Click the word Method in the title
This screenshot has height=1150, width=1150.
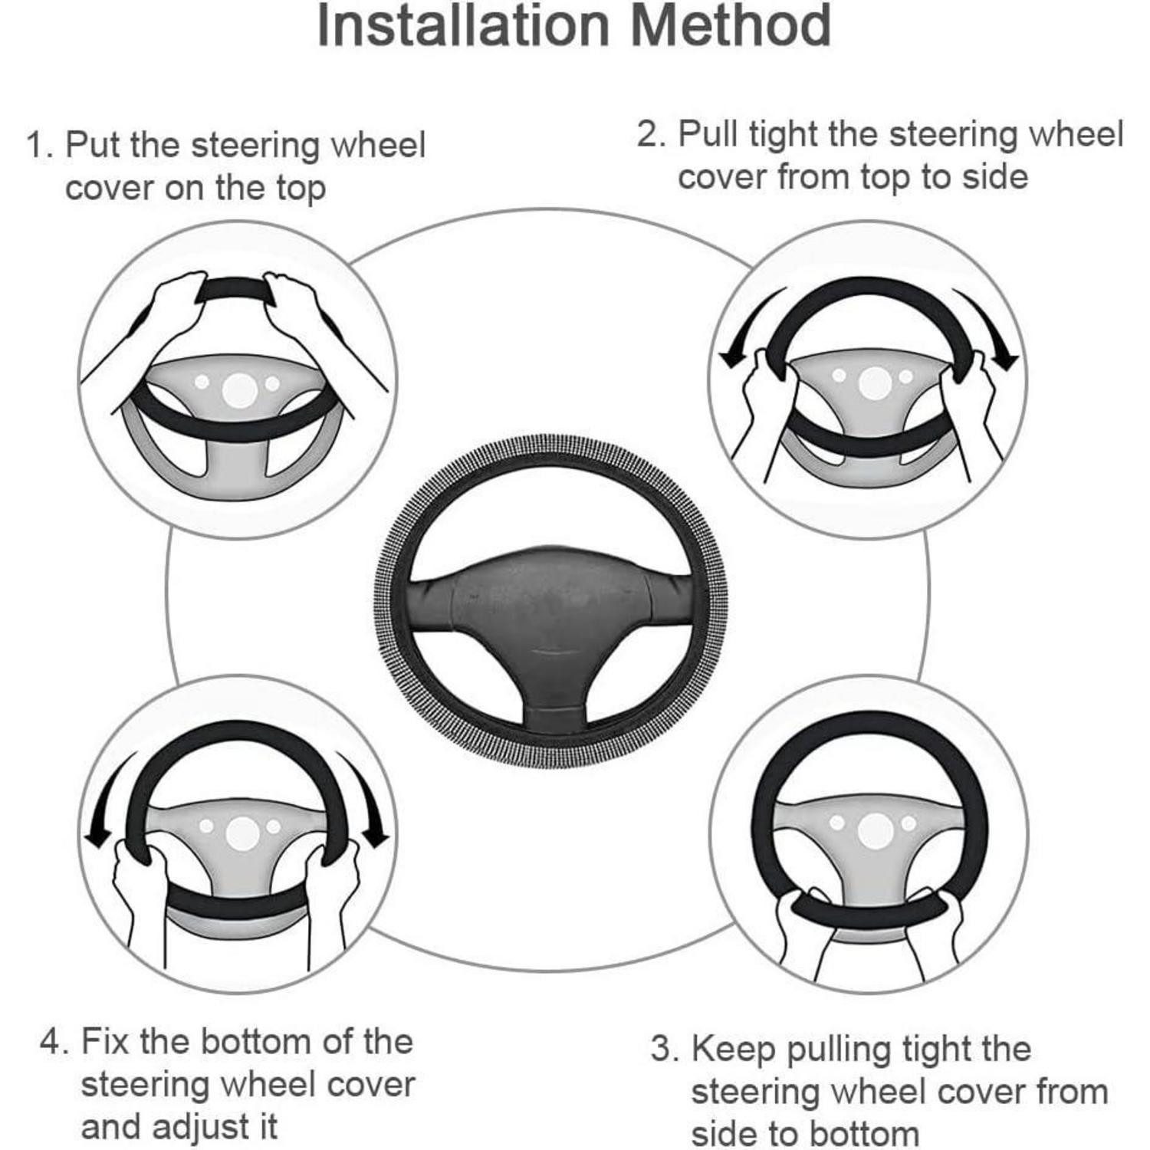pyautogui.click(x=732, y=26)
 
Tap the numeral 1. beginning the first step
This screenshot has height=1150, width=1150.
pyautogui.click(x=39, y=145)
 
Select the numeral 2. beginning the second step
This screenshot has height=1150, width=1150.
pyautogui.click(x=652, y=134)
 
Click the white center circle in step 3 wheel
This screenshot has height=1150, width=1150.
pyautogui.click(x=875, y=831)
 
